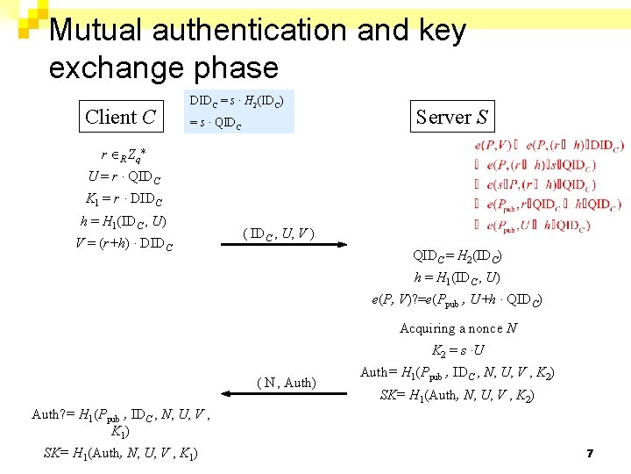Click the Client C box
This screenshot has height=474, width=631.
(x=120, y=117)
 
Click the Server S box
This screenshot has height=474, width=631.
(x=451, y=117)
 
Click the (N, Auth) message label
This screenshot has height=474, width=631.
(x=287, y=382)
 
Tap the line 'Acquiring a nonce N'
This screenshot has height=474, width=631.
(x=457, y=328)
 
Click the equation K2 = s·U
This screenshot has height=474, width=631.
(x=458, y=350)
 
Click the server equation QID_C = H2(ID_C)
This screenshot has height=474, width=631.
(x=457, y=256)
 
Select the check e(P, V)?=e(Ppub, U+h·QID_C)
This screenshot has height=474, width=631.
(x=457, y=300)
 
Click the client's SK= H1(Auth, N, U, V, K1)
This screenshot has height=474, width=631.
(x=120, y=453)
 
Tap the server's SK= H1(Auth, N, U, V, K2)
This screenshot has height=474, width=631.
(x=457, y=395)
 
